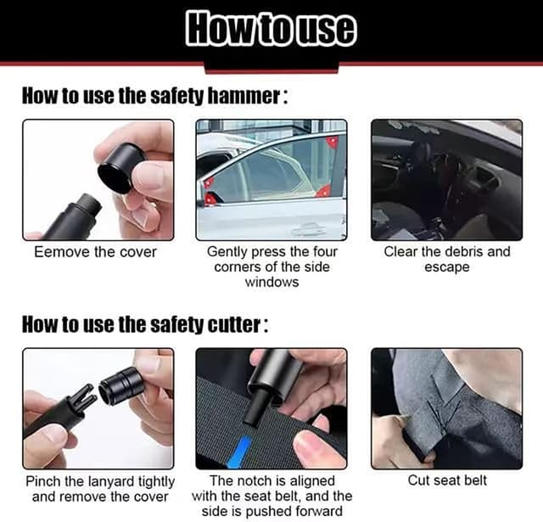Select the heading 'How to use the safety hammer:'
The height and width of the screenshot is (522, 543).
154,96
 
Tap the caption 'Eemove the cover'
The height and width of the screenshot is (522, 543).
95,252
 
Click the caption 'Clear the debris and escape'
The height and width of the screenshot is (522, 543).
446,259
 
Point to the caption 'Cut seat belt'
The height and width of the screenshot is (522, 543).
447,481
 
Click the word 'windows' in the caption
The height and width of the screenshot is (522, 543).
271,282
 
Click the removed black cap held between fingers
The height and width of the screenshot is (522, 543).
120,167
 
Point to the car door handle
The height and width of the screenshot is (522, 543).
307,229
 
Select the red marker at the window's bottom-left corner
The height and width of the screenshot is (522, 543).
209,199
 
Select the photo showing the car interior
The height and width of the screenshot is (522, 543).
446,180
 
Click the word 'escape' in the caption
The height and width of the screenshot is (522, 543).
446,267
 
